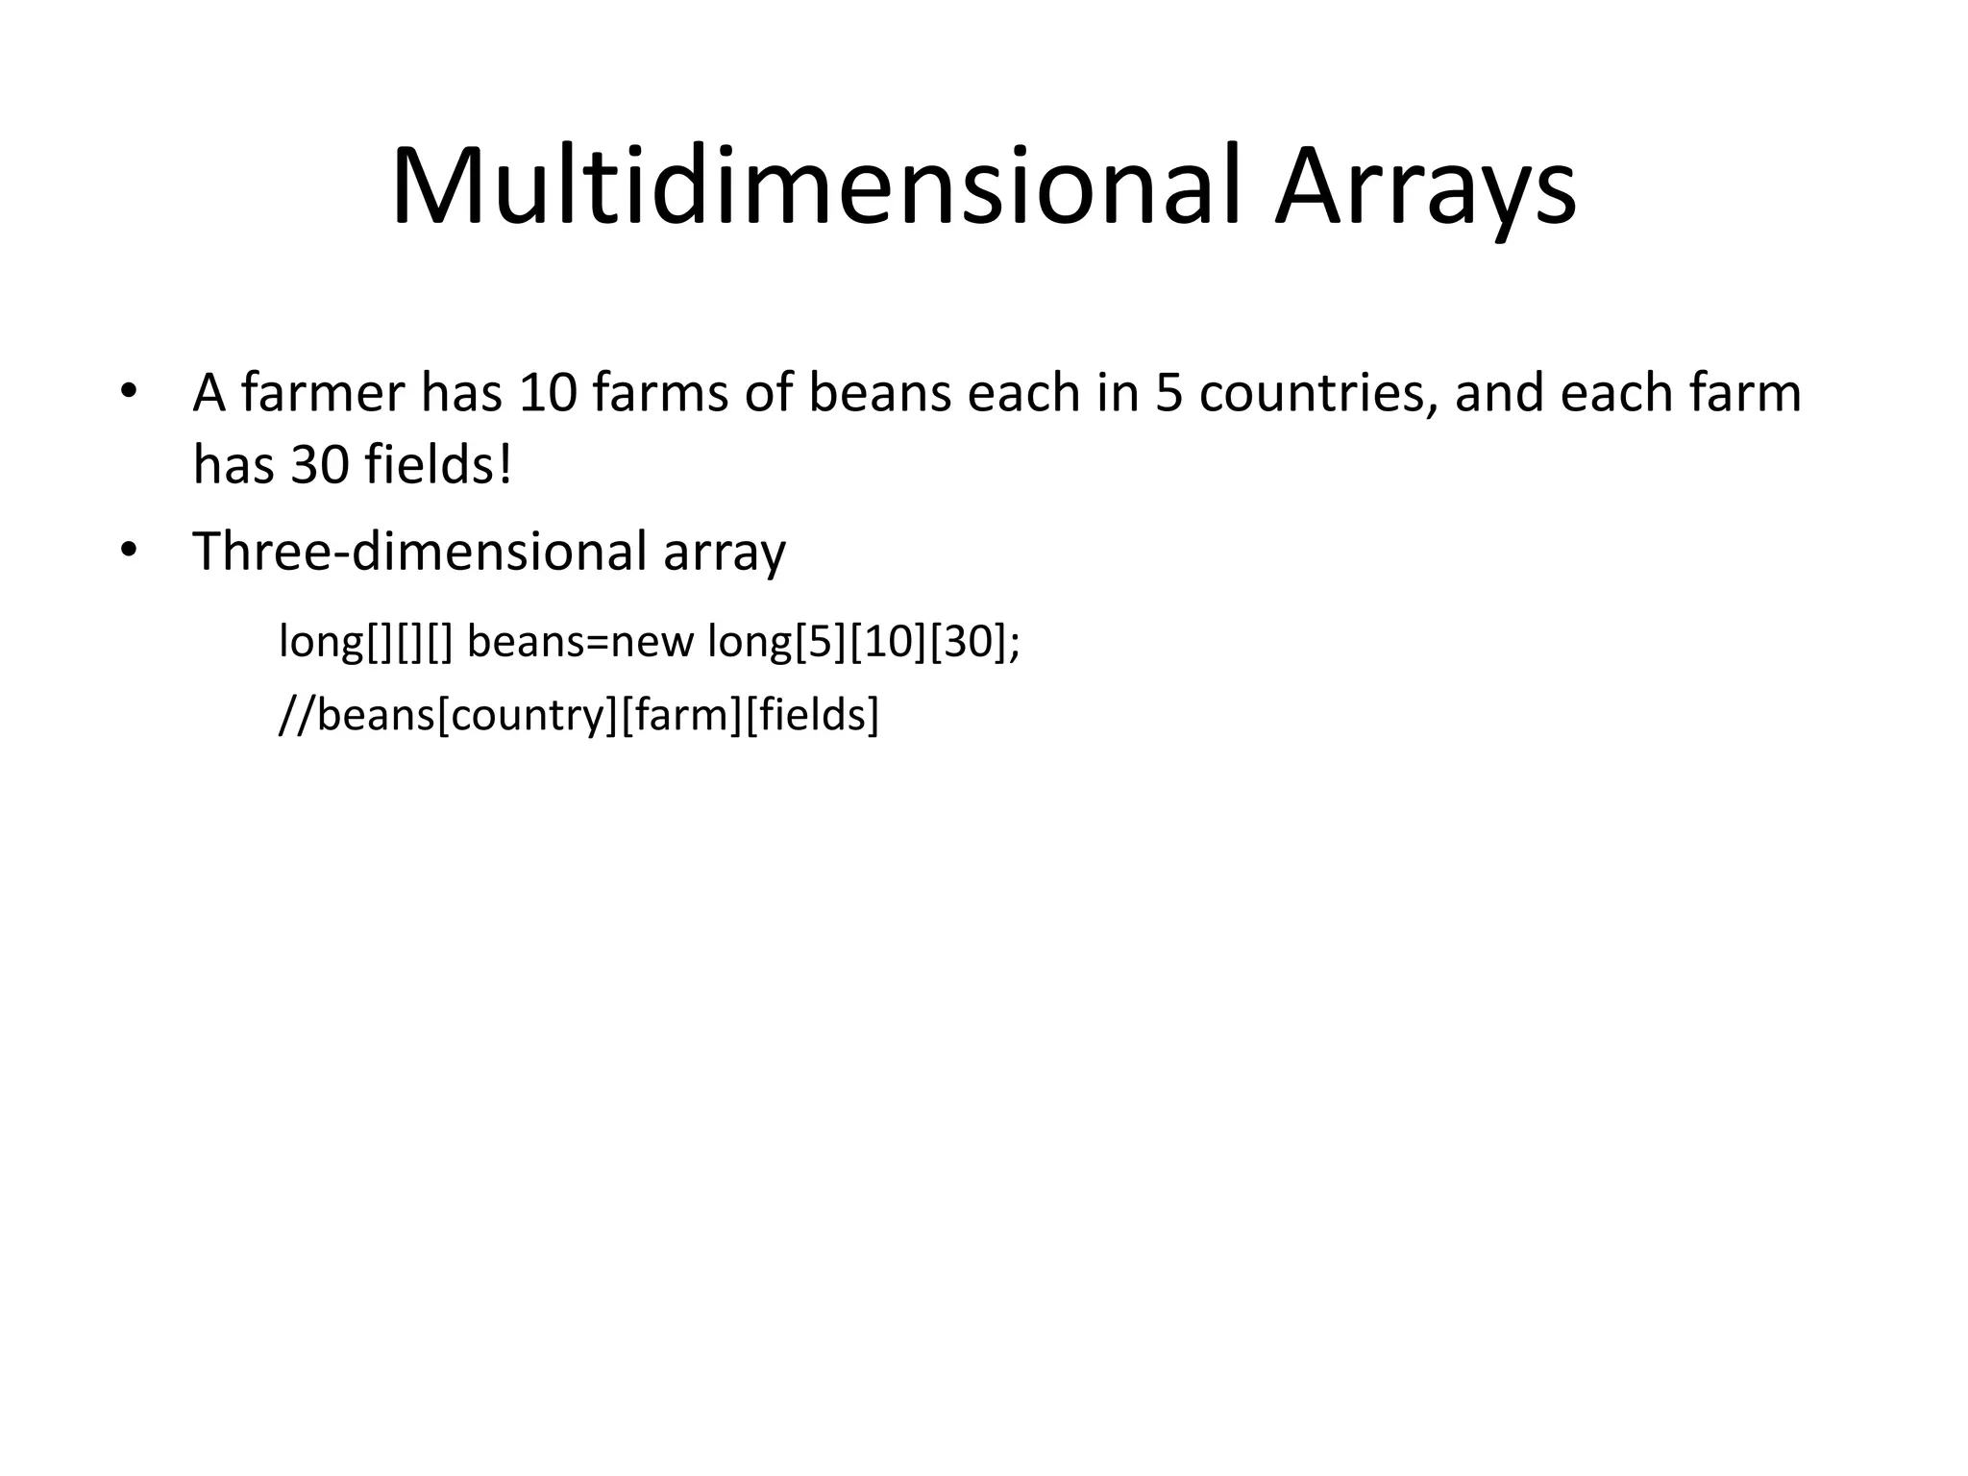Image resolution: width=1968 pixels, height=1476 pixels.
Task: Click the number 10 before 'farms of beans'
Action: click(x=546, y=393)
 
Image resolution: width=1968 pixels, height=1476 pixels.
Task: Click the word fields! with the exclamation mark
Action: click(x=438, y=465)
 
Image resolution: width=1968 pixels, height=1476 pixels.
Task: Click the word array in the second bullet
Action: click(x=725, y=552)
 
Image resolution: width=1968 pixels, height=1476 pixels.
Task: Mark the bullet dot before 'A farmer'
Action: click(x=129, y=393)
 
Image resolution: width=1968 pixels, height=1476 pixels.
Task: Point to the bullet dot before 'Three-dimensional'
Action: click(x=129, y=552)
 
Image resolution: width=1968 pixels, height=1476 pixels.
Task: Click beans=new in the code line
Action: click(x=580, y=641)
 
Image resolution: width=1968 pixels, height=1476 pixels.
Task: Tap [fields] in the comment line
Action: click(x=812, y=715)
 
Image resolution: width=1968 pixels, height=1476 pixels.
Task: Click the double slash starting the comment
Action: click(x=296, y=715)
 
